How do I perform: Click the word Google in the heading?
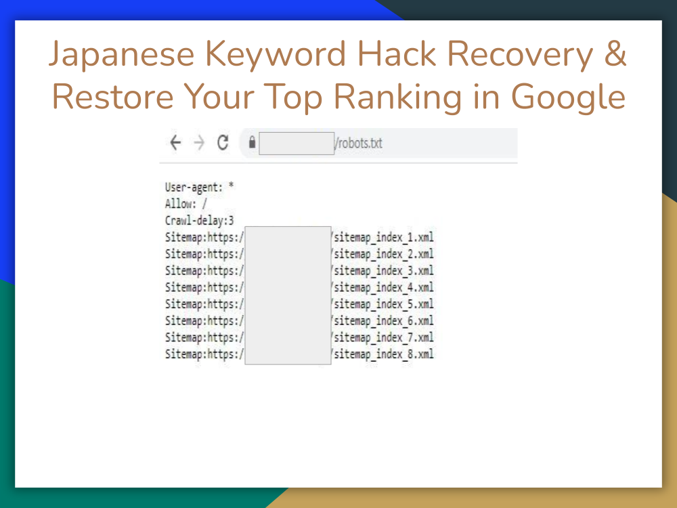coord(568,97)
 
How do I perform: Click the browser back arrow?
coord(176,143)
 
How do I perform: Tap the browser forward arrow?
coord(199,143)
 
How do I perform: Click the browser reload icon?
coord(222,143)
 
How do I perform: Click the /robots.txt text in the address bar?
coord(359,144)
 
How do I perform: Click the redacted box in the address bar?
coord(297,144)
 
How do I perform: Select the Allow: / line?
coord(186,203)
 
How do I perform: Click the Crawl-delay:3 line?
coord(200,220)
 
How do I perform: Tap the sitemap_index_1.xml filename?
coord(383,237)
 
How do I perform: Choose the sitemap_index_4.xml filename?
coord(383,287)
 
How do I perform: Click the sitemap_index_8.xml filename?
coord(383,354)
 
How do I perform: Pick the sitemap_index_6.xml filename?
coord(383,320)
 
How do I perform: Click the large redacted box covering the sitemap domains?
coord(288,295)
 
